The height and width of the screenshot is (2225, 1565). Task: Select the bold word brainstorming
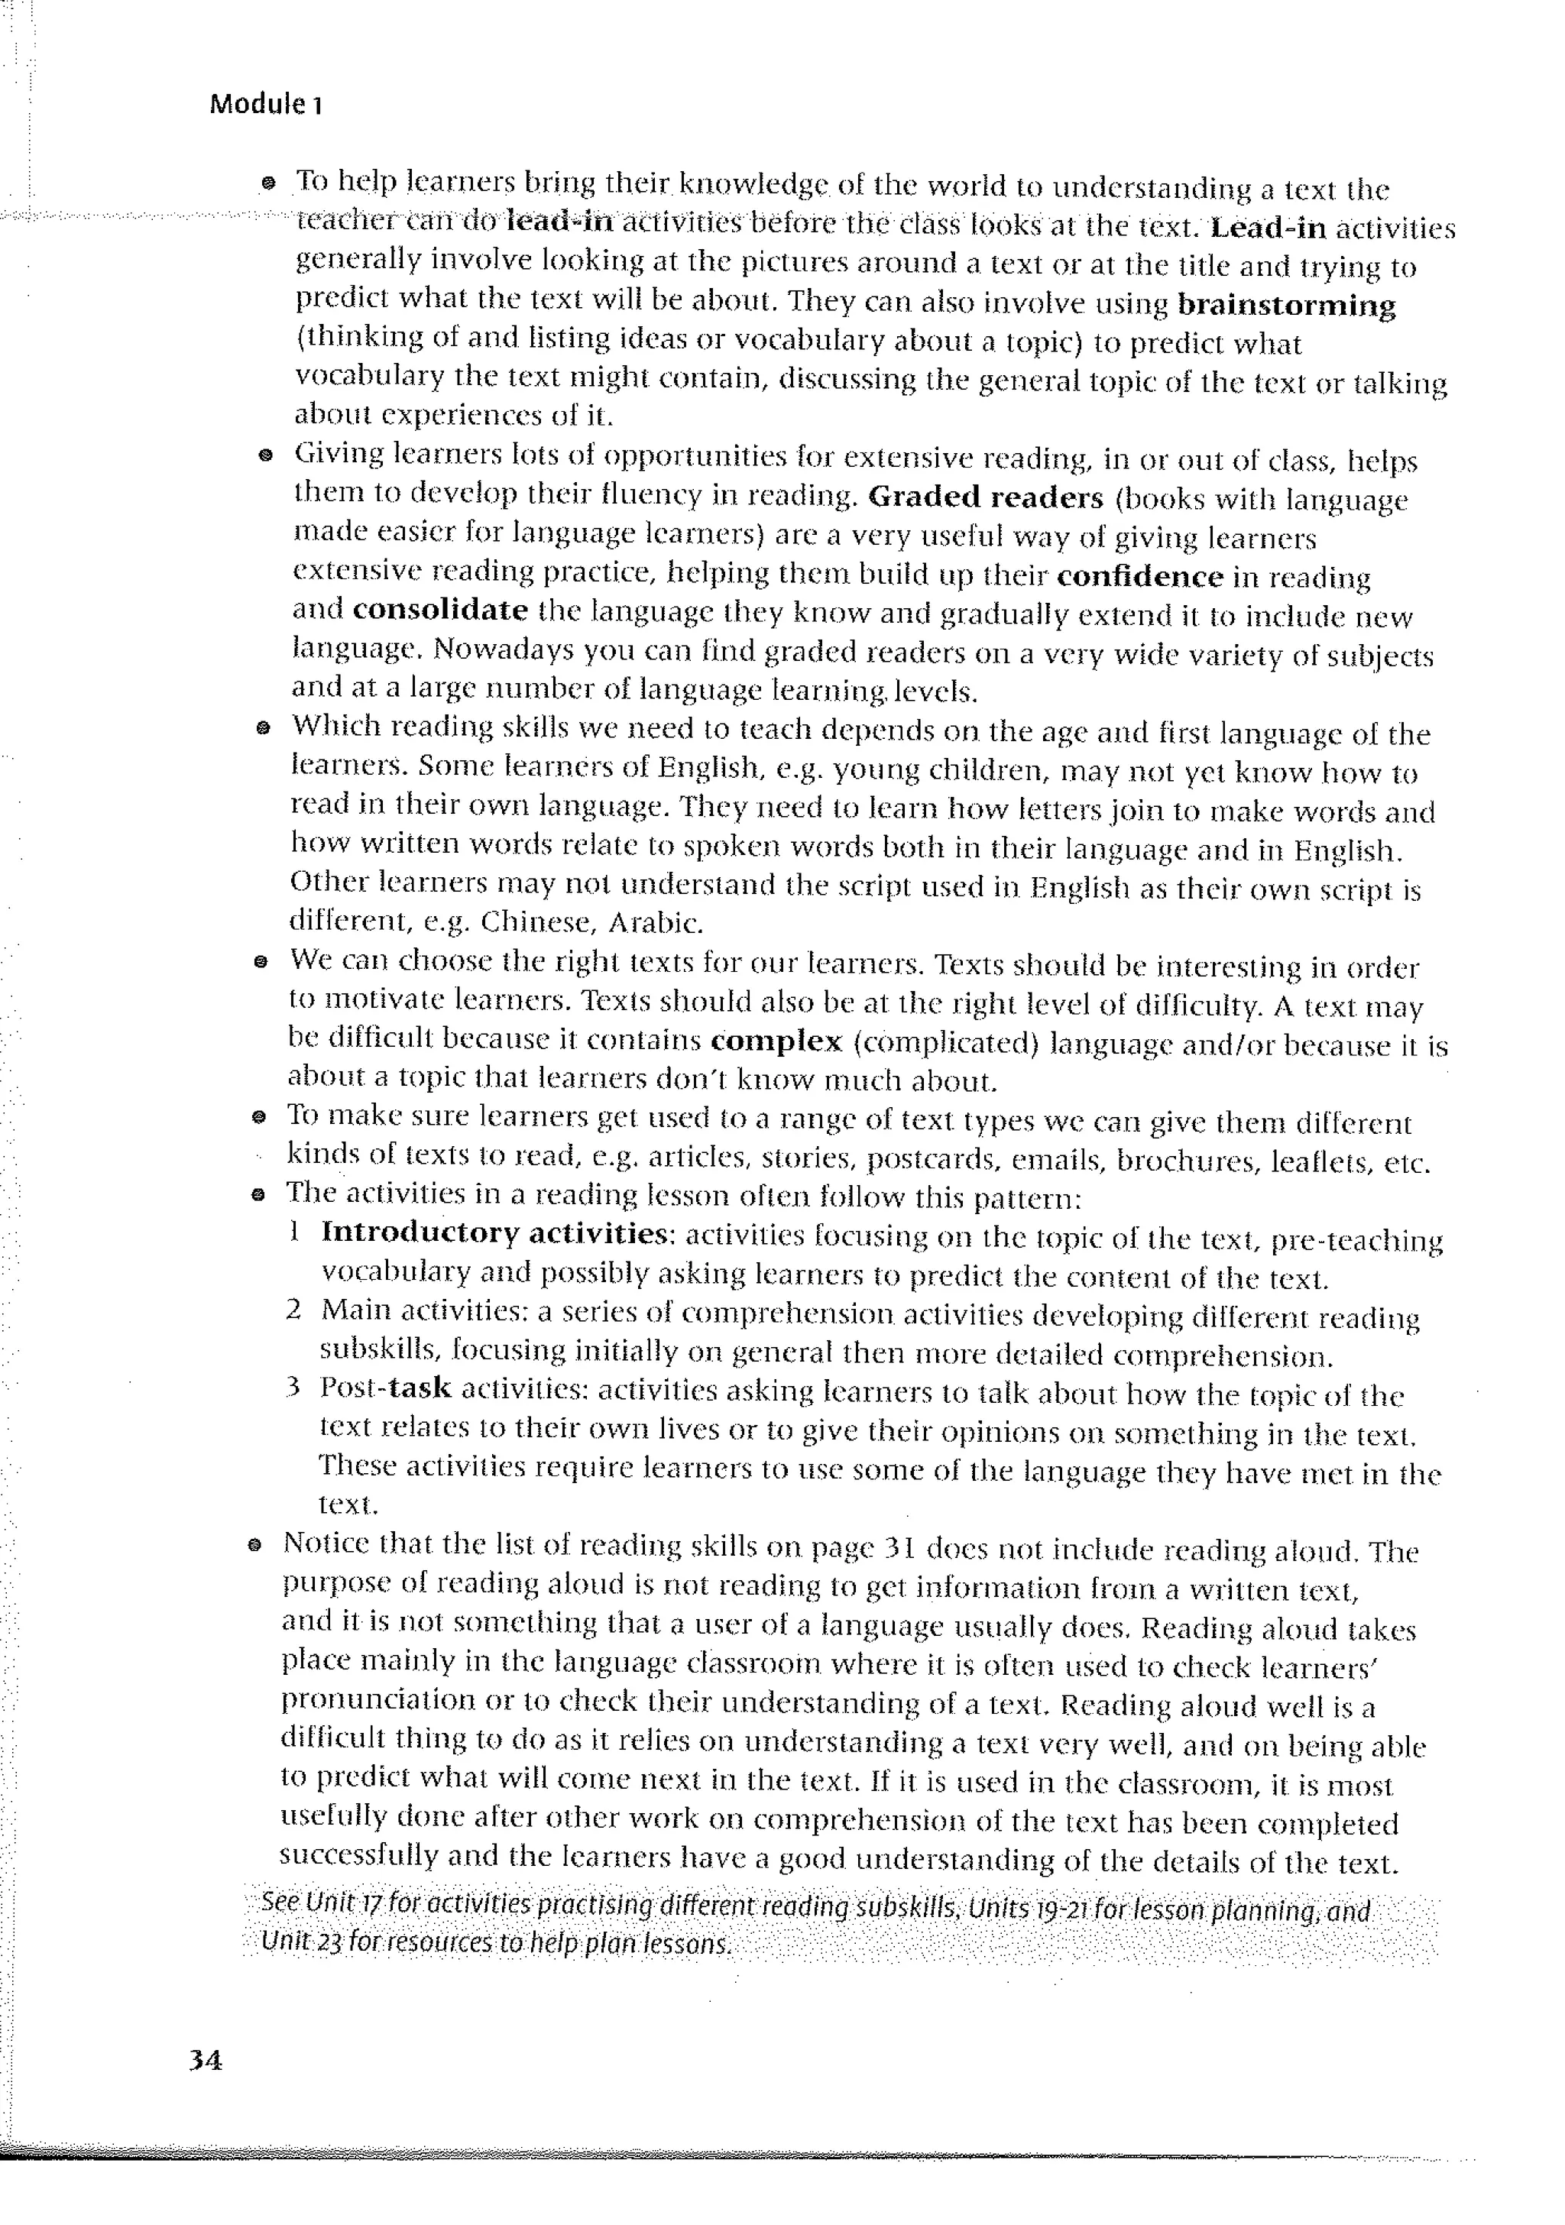pos(1286,306)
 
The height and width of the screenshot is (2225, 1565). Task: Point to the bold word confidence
pos(1139,577)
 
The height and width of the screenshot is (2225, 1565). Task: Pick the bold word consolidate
pos(440,610)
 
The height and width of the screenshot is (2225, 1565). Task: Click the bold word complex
pos(776,1041)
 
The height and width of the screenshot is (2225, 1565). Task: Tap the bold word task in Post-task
pos(420,1388)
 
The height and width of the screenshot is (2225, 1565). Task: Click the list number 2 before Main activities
pos(293,1310)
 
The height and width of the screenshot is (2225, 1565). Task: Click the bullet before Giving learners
pos(264,455)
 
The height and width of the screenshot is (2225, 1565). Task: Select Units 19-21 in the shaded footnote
pos(1027,1910)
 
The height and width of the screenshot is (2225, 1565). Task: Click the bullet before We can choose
pos(260,962)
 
